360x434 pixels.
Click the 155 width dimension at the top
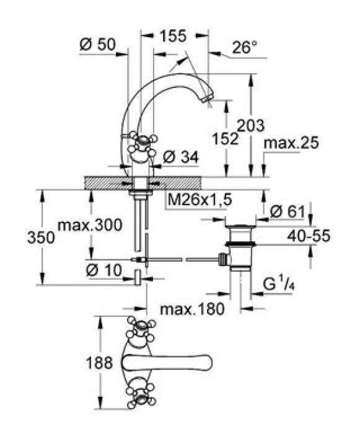[173, 36]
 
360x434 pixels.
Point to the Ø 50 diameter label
[97, 44]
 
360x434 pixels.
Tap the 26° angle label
[245, 47]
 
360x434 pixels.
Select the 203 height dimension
[251, 125]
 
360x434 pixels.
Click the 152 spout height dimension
[226, 138]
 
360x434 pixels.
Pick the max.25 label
[291, 143]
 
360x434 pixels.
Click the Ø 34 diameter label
[181, 157]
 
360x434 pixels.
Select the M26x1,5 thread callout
[200, 200]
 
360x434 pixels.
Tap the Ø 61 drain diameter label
[288, 212]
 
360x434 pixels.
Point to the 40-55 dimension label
[309, 236]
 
